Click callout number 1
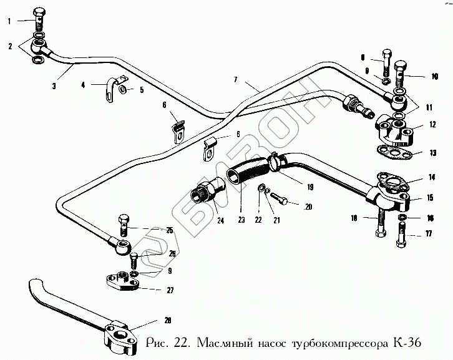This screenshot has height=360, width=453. click(9, 22)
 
